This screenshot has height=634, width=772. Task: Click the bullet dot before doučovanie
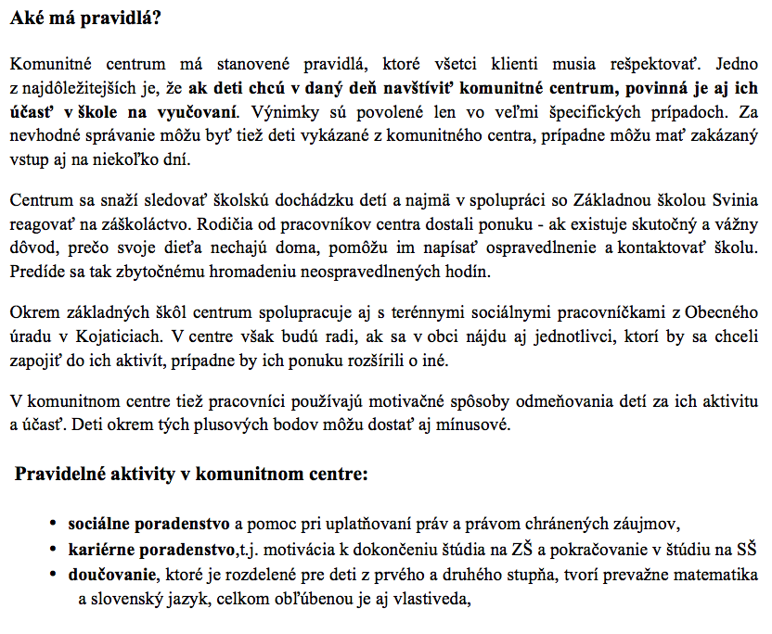tap(57, 575)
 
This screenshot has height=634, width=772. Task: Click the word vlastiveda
tap(422, 599)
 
